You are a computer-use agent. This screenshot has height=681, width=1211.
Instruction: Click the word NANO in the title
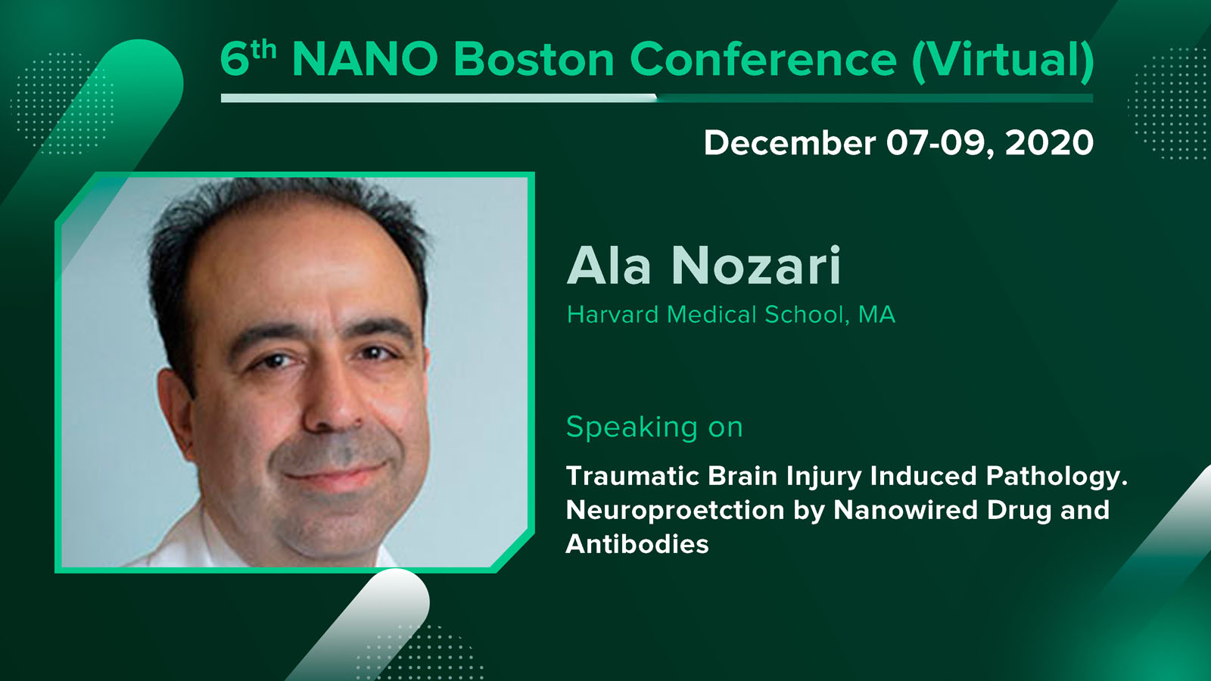tap(365, 59)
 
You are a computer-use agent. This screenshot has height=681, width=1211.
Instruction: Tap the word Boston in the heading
tap(534, 59)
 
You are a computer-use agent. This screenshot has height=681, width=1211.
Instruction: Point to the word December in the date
tap(790, 143)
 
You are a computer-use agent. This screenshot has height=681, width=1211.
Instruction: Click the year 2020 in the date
tap(1049, 143)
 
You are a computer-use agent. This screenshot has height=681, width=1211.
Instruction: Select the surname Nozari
tap(756, 265)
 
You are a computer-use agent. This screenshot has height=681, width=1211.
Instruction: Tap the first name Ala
tap(609, 265)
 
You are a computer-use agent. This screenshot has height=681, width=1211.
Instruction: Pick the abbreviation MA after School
tap(877, 315)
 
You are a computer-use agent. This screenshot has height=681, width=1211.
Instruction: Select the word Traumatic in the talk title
tap(633, 476)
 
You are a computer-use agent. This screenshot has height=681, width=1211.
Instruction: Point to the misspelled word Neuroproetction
tap(674, 511)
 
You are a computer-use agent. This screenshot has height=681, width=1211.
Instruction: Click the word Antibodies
tap(637, 544)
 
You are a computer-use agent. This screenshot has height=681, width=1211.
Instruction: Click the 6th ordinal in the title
tap(248, 58)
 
